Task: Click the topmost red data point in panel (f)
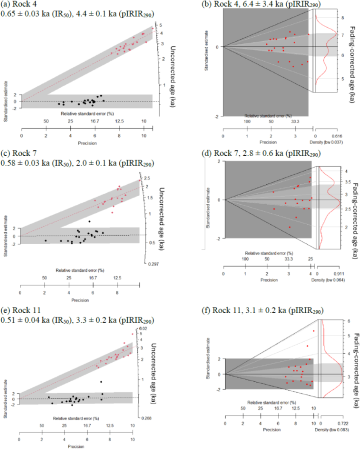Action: point(314,331)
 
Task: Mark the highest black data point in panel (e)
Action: point(101,382)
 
